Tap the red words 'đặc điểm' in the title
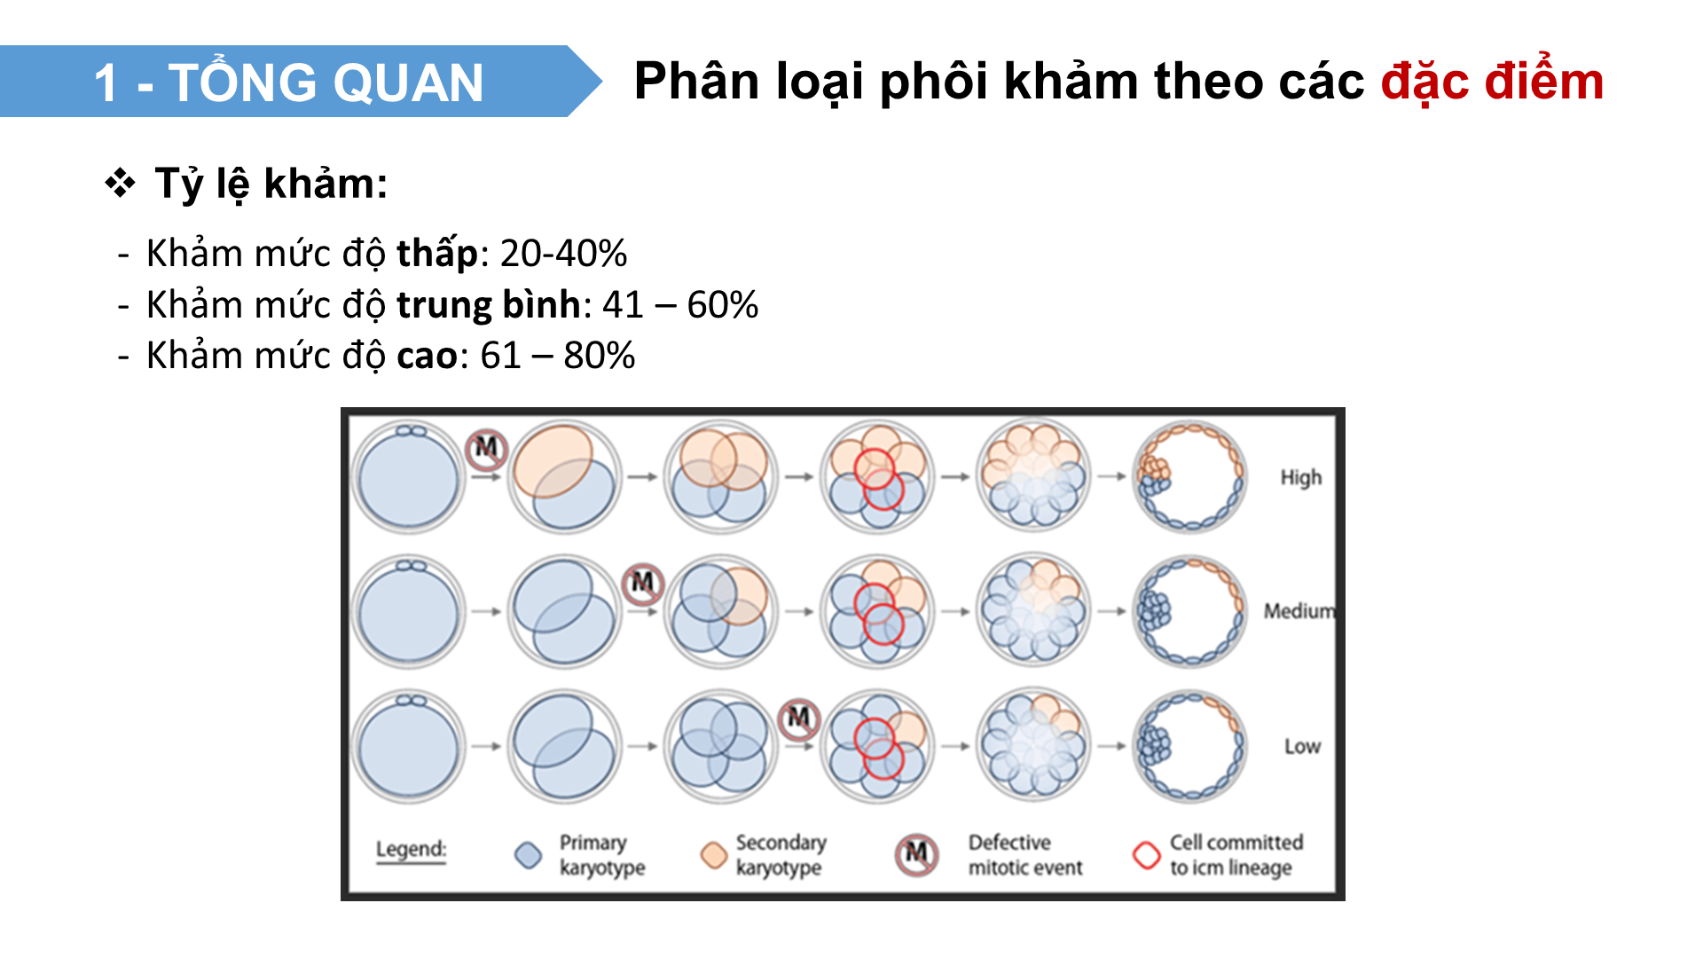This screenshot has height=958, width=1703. click(x=1492, y=82)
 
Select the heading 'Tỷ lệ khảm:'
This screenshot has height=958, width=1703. click(x=271, y=184)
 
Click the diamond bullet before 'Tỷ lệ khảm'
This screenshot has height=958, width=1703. click(x=120, y=184)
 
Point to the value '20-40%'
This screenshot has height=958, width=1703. click(x=563, y=254)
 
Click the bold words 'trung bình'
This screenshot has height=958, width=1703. click(x=488, y=305)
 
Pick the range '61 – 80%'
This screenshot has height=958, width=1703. click(x=557, y=356)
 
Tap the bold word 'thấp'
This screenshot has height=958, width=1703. click(x=436, y=254)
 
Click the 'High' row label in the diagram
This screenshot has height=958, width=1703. click(x=1300, y=477)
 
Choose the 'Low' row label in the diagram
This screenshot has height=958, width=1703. click(x=1302, y=746)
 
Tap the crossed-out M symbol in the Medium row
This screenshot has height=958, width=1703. click(x=642, y=584)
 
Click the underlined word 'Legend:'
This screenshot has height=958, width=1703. click(x=411, y=850)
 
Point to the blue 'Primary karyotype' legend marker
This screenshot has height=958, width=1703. click(x=528, y=855)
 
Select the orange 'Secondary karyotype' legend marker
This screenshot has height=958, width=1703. click(x=713, y=855)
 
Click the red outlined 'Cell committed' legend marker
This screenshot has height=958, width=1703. click(x=1146, y=855)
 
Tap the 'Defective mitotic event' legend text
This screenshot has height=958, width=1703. click(x=1024, y=855)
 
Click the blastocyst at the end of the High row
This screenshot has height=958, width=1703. click(x=1189, y=477)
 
